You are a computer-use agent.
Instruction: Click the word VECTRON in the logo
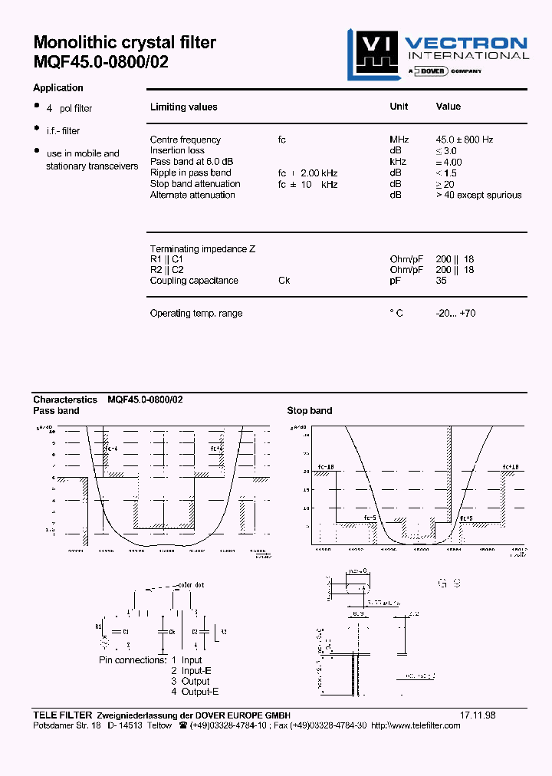pos(466,43)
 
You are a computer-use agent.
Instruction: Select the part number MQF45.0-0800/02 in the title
pos(100,63)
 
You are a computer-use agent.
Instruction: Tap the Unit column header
pos(399,107)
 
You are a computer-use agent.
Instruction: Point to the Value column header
pos(449,107)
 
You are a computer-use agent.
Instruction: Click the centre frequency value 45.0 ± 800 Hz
pos(465,140)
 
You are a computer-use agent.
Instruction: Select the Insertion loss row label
pos(177,150)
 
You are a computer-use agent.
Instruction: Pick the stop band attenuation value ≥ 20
pos(445,184)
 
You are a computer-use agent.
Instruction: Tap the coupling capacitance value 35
pos(442,281)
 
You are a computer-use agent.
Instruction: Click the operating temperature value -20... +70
pos(455,313)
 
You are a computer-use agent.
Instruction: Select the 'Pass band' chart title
pos(56,411)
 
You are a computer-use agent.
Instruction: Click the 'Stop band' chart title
pos(310,411)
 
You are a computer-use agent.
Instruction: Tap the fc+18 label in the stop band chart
pos(511,467)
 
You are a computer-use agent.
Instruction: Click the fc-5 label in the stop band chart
pos(370,518)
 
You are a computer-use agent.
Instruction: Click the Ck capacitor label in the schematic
pos(172,632)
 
